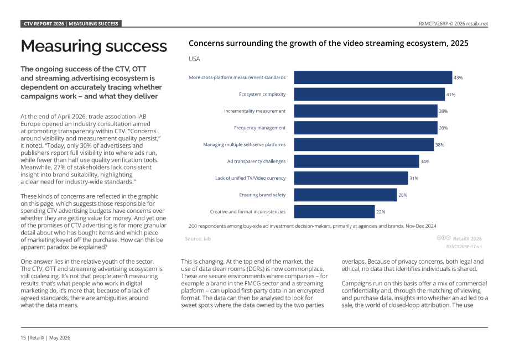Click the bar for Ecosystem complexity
(370, 95)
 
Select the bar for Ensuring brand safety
(345, 195)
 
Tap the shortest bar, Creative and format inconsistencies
(334, 212)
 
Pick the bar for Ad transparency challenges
(356, 161)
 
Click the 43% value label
(458, 78)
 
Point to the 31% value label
(414, 179)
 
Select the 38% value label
(440, 145)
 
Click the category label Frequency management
(259, 128)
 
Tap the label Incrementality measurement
(255, 111)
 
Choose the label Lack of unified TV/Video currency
(250, 178)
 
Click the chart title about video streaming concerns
(329, 44)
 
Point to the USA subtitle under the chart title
(194, 59)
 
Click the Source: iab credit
(198, 239)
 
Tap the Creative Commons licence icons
(443, 238)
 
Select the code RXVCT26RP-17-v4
(464, 247)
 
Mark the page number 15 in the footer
(23, 338)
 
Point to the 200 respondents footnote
(312, 226)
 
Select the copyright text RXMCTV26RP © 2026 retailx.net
(453, 24)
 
